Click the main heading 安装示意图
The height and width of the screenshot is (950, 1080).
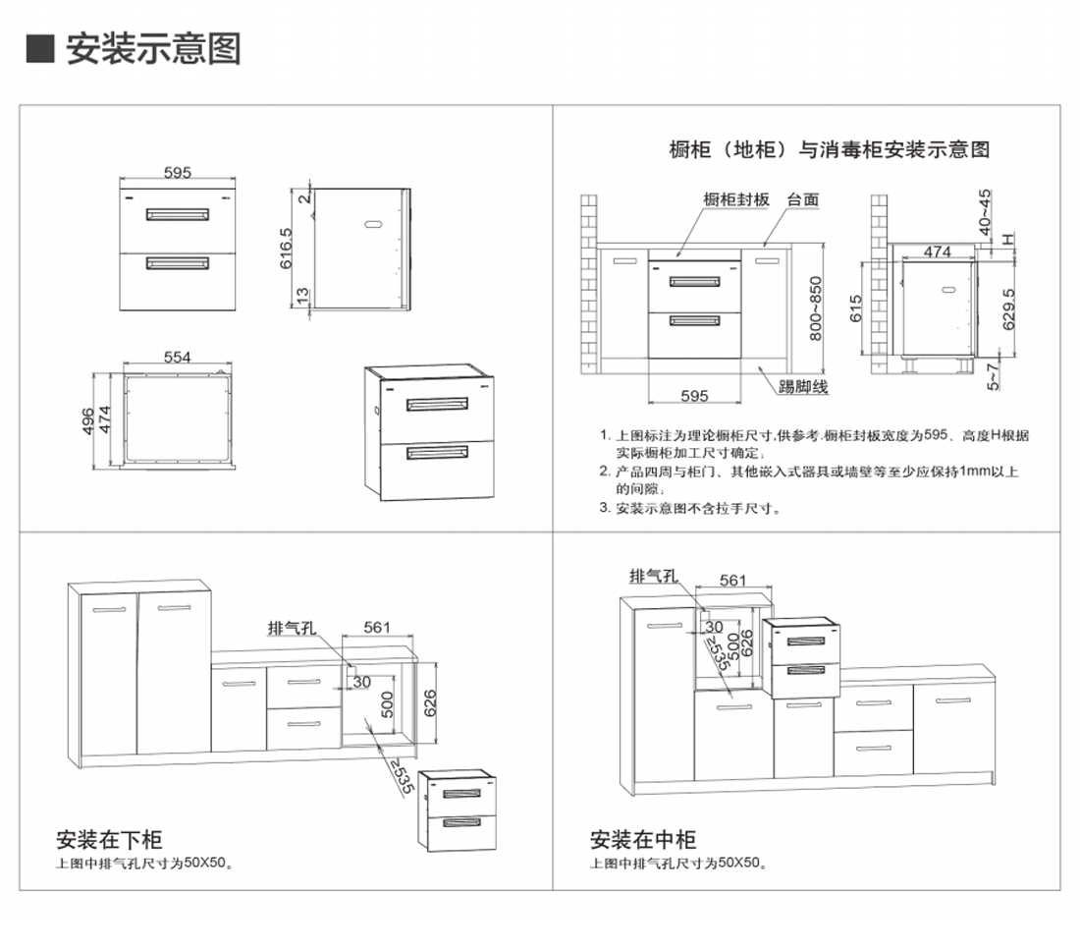click(x=153, y=49)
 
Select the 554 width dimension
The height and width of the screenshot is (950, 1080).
click(x=177, y=357)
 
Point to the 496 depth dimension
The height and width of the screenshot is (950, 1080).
click(x=88, y=421)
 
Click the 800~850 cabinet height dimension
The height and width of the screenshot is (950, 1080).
click(x=816, y=308)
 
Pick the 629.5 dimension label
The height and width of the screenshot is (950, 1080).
click(x=1008, y=308)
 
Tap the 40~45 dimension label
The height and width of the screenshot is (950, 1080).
click(x=985, y=211)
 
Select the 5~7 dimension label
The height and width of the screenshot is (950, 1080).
click(x=993, y=377)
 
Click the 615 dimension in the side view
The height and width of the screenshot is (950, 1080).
click(x=855, y=308)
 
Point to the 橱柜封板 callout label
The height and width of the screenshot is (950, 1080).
click(x=735, y=199)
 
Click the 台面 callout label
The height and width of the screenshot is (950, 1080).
click(x=803, y=199)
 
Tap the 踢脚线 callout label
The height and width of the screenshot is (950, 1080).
click(x=803, y=387)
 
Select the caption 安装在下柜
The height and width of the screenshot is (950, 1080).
click(x=109, y=839)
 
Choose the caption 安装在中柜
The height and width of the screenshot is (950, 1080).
click(x=643, y=839)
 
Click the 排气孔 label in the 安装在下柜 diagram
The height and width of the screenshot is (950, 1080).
click(x=292, y=628)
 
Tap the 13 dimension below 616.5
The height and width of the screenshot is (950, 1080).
click(x=302, y=296)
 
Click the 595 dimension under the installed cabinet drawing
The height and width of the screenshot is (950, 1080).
click(x=694, y=396)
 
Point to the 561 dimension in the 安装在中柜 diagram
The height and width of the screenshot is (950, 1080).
click(x=732, y=581)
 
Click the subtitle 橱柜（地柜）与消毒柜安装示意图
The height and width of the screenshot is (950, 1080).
click(x=830, y=149)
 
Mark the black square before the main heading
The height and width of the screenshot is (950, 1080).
click(x=40, y=48)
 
